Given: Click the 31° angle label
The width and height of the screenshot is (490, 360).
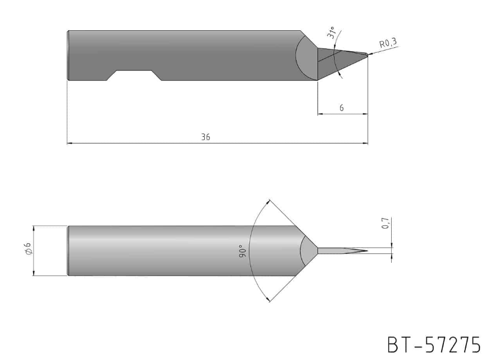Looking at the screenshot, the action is pos(331,32).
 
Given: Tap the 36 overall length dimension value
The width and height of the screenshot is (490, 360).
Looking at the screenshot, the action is pos(205,137).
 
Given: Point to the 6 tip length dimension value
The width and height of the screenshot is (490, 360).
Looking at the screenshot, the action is pos(342,108).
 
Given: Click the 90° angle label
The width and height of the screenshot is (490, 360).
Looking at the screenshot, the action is pos(243,251).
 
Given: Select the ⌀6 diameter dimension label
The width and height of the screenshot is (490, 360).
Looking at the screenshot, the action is pos(28,248).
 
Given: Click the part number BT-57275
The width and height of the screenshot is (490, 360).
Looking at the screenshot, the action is pos(434,345).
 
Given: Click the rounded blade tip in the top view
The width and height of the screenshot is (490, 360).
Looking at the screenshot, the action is pos(366,54).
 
